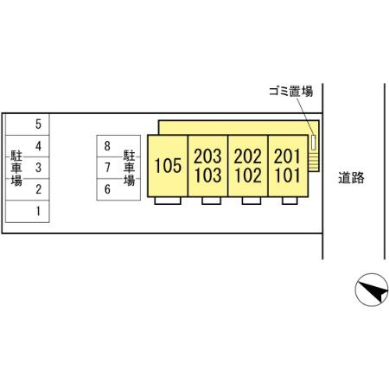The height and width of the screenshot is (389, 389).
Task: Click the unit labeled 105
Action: [168, 166]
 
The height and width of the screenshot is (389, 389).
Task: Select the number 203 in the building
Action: [207, 156]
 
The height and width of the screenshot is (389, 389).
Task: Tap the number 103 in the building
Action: [207, 175]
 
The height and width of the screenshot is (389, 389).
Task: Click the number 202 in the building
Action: [247, 156]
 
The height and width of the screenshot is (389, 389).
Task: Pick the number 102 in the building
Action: [248, 175]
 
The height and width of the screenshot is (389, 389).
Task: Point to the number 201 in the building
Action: [287, 156]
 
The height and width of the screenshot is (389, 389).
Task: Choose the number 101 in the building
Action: [287, 175]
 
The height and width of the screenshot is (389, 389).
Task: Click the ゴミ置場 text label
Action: [291, 92]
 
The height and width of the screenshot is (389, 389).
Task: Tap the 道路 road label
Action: [351, 177]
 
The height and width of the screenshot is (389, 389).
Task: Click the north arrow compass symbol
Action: [372, 290]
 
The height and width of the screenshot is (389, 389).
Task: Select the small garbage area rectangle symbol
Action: [313, 143]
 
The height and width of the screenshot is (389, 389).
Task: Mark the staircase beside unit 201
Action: [313, 163]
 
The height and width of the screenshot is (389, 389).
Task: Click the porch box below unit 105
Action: [168, 201]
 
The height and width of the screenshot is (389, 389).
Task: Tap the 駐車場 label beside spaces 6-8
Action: [129, 168]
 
